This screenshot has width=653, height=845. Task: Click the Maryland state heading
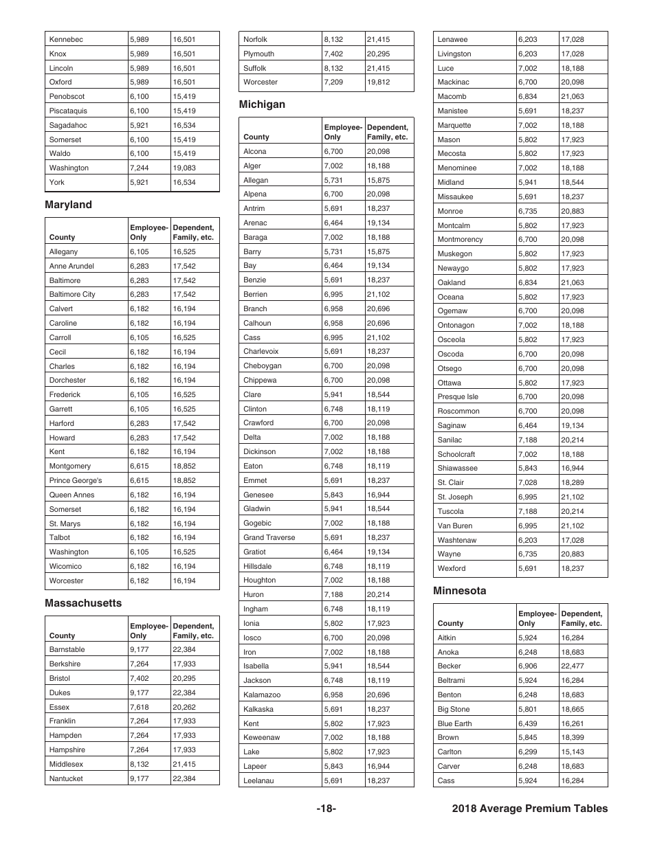coord(68,205)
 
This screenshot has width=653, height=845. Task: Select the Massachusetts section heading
coord(83,603)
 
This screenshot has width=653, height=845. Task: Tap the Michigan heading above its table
coord(262,104)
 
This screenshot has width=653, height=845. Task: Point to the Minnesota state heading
coord(459,591)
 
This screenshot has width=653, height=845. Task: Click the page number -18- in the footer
coord(326,809)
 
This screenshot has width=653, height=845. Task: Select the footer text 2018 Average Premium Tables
coord(530,809)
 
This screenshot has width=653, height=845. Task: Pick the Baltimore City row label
coord(72,294)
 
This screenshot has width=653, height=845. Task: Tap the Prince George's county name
coord(76,480)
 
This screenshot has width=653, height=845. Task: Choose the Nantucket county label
coord(66,778)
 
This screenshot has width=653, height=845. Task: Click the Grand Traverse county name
coord(269,537)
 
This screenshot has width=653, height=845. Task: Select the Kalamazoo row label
coord(262,695)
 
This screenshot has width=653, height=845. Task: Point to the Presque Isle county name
coord(458,396)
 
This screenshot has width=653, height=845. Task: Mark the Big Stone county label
coord(454,709)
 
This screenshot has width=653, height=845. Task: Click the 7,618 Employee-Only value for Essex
coord(139,707)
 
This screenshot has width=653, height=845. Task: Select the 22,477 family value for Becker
coord(573,666)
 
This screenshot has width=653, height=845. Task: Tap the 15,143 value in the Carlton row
coord(573,752)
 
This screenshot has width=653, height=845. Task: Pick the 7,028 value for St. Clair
coord(527,482)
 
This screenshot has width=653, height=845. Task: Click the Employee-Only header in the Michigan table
coord(343,132)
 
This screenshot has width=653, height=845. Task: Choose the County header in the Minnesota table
coord(451,623)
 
